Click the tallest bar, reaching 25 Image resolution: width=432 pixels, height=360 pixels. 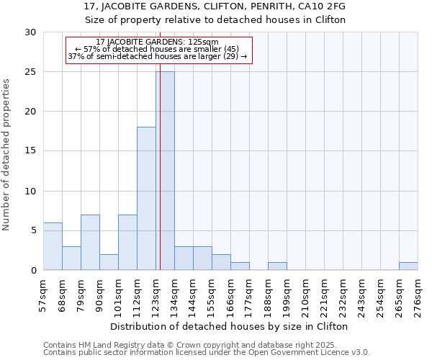pyautogui.click(x=165, y=171)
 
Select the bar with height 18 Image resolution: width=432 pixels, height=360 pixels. pyautogui.click(x=146, y=198)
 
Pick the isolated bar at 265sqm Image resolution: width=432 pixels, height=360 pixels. pyautogui.click(x=408, y=266)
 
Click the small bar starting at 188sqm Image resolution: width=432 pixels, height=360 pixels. pyautogui.click(x=277, y=266)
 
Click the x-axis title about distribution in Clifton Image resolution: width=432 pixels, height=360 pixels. pyautogui.click(x=230, y=326)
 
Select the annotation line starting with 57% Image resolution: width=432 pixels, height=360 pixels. pyautogui.click(x=159, y=49)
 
